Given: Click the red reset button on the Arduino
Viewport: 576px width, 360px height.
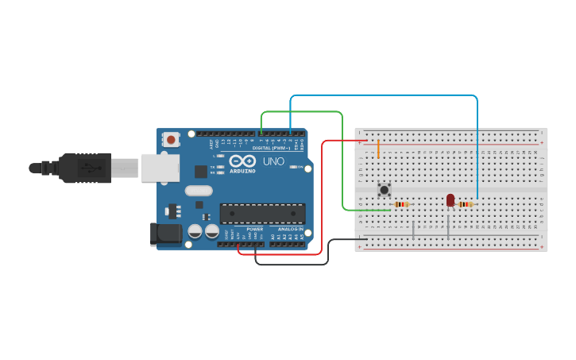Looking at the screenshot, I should [x=171, y=140].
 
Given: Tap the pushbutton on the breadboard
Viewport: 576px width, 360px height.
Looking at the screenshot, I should [x=385, y=189].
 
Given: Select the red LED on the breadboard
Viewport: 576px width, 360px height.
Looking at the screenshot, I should [x=450, y=199].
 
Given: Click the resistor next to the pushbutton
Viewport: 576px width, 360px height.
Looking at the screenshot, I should [x=402, y=204].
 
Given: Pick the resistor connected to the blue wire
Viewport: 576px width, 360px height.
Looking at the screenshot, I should [x=466, y=204].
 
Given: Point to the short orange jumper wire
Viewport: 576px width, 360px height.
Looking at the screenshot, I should [x=378, y=149].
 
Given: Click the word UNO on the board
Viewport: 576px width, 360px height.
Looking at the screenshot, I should [x=273, y=161].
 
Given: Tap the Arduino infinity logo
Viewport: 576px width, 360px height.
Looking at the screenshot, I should [x=242, y=161].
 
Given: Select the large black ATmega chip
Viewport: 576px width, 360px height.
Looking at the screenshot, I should [x=262, y=213].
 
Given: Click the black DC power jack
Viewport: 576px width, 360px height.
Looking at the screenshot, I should [x=165, y=232].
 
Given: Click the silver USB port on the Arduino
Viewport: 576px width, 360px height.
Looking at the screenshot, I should [x=159, y=168].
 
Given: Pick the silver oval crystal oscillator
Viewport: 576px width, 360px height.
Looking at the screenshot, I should [x=199, y=190].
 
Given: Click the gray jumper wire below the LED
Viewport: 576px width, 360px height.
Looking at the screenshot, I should [x=448, y=226].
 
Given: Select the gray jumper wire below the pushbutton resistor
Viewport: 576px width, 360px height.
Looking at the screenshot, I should [x=413, y=229].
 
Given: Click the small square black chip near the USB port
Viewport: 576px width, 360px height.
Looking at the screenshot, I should [x=201, y=171].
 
